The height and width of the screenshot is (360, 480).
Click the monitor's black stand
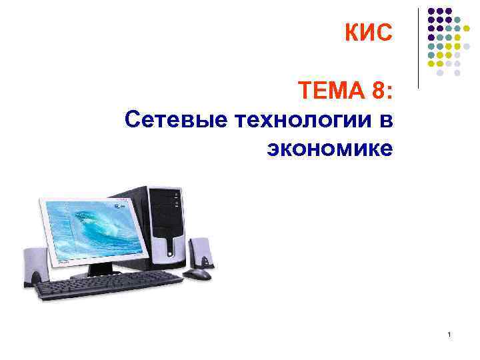tap(100, 269)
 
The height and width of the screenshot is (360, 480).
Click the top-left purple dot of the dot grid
tap(431, 11)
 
